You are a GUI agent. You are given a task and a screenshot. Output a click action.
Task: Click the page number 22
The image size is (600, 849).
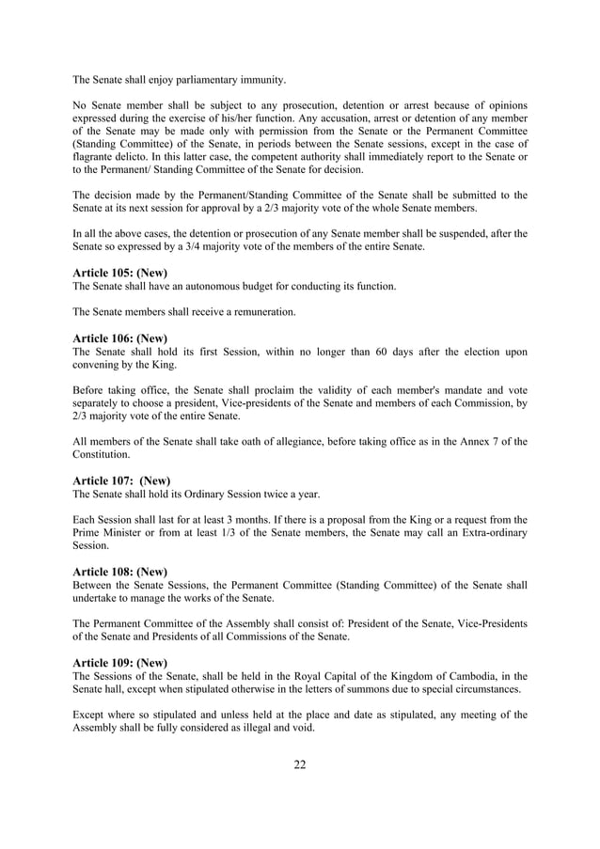pos(299,763)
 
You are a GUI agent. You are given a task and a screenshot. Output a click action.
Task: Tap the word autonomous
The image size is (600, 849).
pos(221,286)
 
